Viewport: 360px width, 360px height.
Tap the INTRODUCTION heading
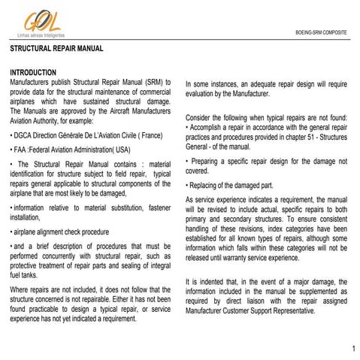[x=34, y=72]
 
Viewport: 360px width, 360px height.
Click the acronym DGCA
[x=23, y=135]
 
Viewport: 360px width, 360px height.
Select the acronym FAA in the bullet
[x=20, y=150]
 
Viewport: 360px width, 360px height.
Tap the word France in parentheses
[x=150, y=135]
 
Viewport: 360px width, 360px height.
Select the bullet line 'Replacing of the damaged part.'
[x=232, y=185]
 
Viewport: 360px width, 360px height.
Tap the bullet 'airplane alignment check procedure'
[x=62, y=232]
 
